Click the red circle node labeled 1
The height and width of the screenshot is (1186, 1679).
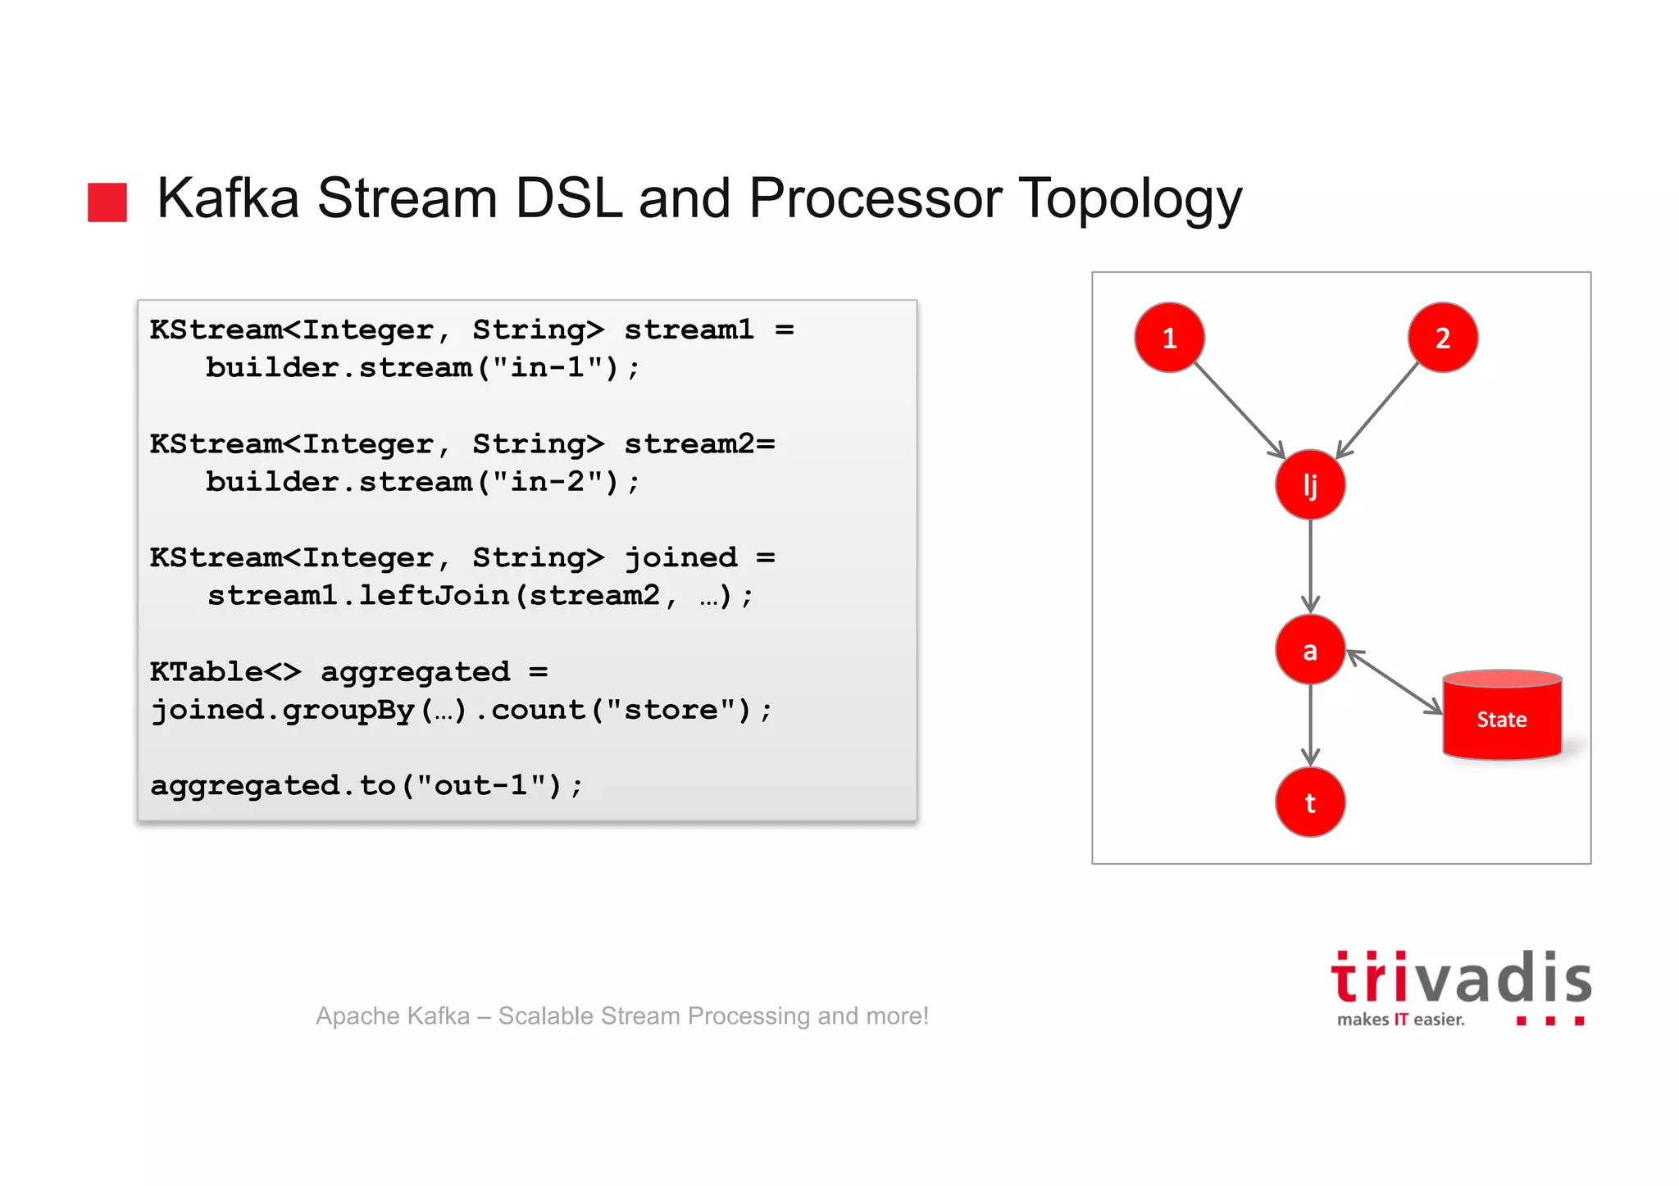coord(1169,338)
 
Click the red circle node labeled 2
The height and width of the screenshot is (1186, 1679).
coord(1442,338)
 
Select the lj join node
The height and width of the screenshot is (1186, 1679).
coord(1310,484)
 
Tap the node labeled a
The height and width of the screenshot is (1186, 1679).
coord(1310,650)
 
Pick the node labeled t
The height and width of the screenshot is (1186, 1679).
coord(1310,802)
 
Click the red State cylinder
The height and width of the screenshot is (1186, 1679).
coord(1502,719)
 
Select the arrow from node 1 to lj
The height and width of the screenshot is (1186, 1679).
coord(1239,410)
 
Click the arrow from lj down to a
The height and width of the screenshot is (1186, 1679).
coord(1310,566)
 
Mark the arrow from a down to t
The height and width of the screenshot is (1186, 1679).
coord(1310,725)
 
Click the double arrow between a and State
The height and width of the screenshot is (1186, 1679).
coord(1395,682)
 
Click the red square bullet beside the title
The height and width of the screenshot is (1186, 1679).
coord(107,202)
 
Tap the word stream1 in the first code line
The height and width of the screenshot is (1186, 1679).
coord(688,329)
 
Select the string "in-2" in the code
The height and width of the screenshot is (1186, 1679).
coord(548,482)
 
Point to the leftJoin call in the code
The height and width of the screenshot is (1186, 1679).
coord(434,596)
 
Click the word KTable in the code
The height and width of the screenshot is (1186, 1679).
coord(206,672)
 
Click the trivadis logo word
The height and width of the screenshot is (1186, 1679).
coord(1460,979)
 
